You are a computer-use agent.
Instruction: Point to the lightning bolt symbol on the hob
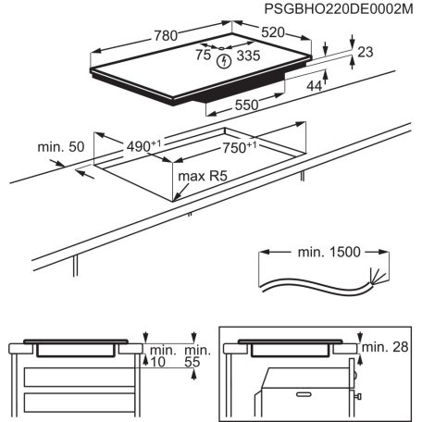223,62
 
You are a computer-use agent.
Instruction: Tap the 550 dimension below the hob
245,105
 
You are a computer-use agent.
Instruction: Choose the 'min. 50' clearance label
61,147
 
